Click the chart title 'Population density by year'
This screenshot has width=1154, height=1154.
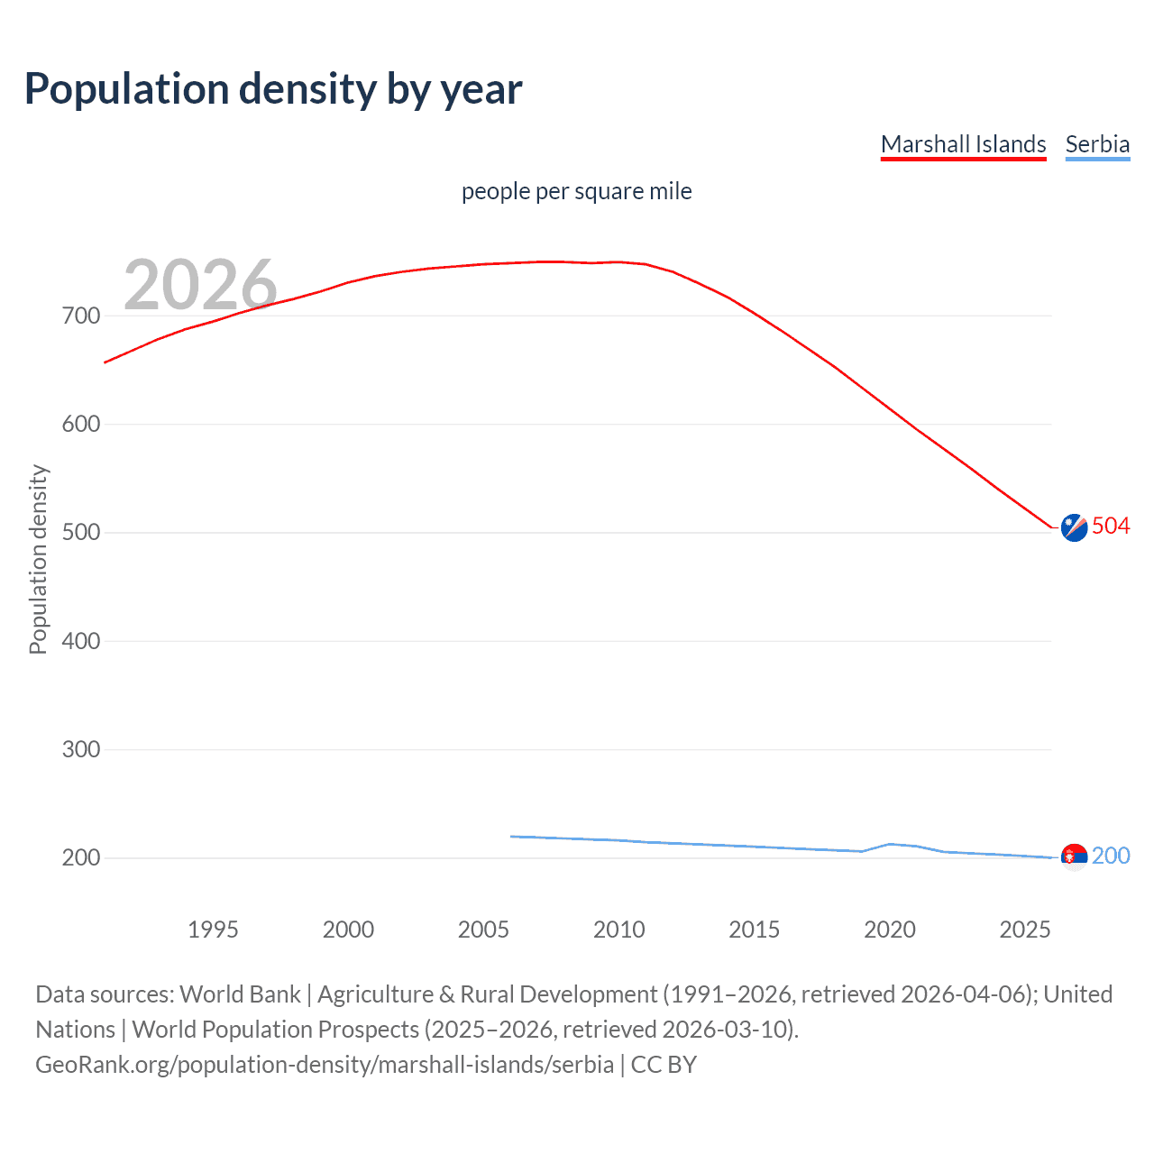click(x=273, y=89)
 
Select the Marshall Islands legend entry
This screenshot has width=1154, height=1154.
click(x=963, y=144)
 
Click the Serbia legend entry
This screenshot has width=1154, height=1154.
click(x=1097, y=144)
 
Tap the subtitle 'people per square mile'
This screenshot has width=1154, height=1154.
click(x=576, y=191)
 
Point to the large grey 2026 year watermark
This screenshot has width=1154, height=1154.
click(x=200, y=284)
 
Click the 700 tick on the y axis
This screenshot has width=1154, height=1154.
click(x=80, y=316)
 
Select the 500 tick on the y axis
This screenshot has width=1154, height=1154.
click(x=80, y=533)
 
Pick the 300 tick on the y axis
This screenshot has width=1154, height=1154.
click(x=80, y=749)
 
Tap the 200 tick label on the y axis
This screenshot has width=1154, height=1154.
click(x=80, y=857)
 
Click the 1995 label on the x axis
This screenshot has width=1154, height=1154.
click(x=213, y=930)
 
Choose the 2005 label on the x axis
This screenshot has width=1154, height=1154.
click(x=483, y=930)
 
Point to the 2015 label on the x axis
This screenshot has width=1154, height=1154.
click(x=754, y=930)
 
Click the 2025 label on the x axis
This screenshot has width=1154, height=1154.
click(x=1024, y=930)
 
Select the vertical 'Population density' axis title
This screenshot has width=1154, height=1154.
click(x=38, y=559)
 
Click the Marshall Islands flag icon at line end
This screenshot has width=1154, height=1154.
click(x=1074, y=527)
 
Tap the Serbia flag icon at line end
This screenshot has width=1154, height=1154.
click(x=1074, y=856)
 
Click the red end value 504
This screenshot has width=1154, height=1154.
click(x=1111, y=526)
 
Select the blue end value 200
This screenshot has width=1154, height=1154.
click(x=1111, y=856)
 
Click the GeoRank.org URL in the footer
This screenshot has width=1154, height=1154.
click(x=325, y=1065)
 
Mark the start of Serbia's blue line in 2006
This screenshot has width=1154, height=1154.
click(x=511, y=837)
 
